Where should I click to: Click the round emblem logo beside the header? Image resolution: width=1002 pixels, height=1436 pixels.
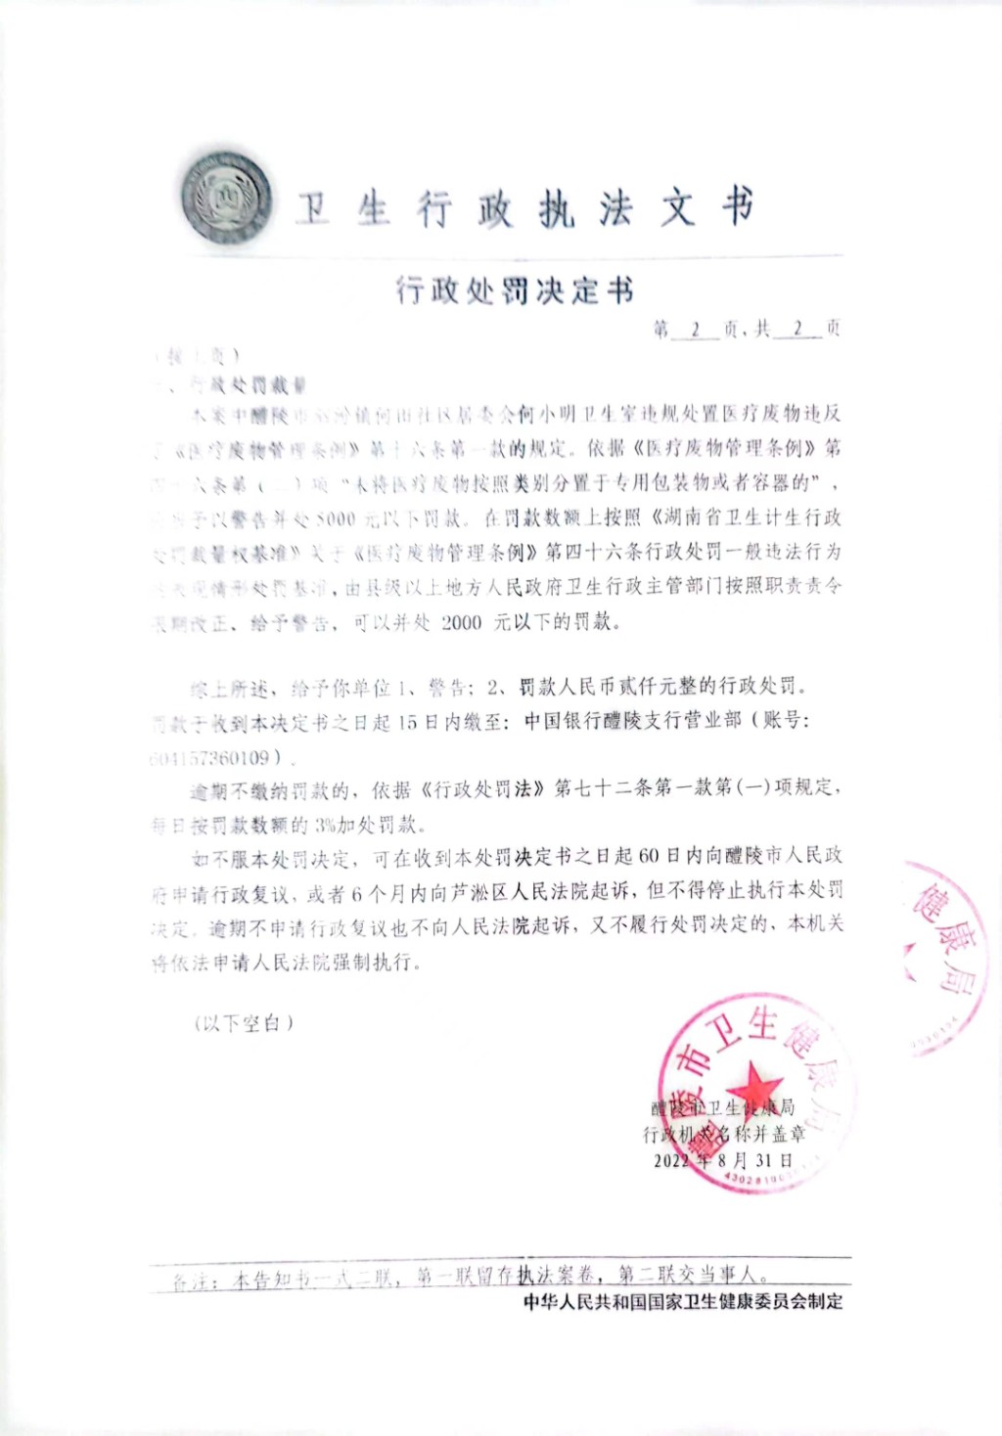tap(227, 199)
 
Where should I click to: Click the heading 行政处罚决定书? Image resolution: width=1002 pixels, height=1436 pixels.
tap(515, 290)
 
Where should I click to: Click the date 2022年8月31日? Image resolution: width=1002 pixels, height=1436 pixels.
tap(724, 1161)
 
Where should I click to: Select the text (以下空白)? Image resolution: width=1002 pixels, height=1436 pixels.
tap(244, 1023)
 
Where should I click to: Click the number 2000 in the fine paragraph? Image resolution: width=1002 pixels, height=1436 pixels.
tap(462, 622)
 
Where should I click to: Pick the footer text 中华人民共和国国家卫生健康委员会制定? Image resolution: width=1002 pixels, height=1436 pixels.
tap(683, 1302)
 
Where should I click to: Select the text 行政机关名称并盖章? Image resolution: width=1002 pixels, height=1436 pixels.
tap(724, 1135)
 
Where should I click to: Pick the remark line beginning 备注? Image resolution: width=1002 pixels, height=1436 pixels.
tap(470, 1277)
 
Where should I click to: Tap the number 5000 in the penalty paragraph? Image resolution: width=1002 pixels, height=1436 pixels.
tap(336, 517)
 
